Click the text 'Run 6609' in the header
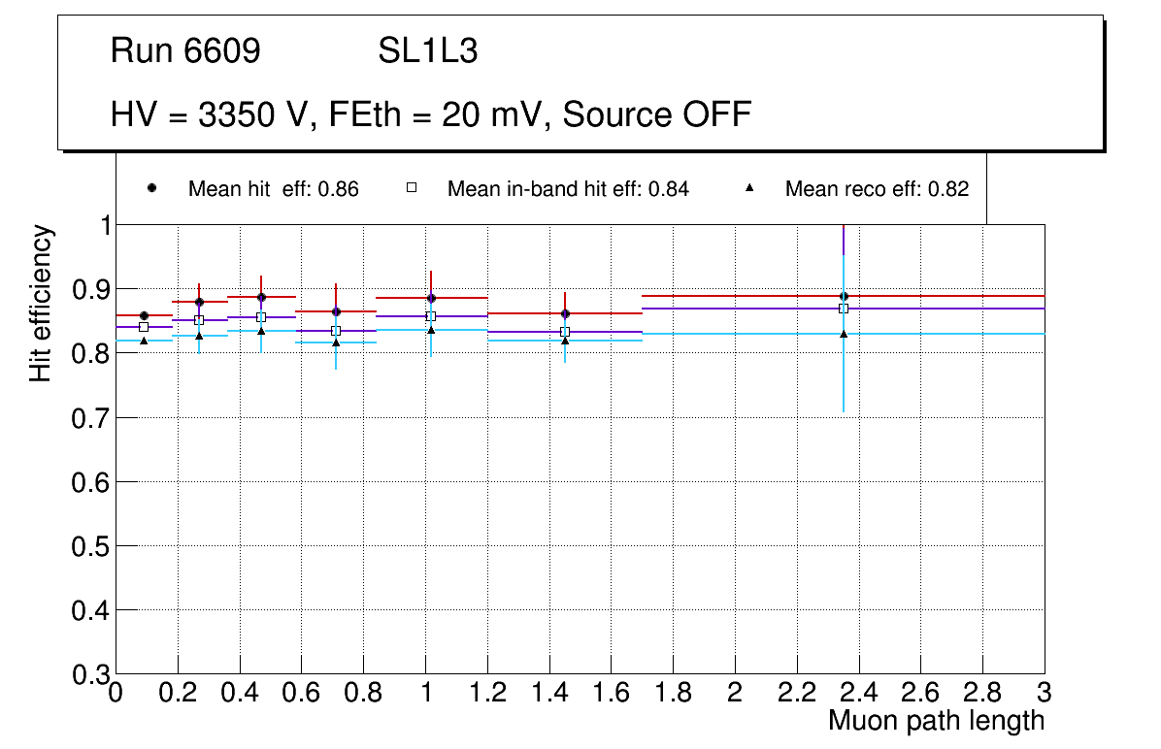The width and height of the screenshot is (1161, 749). point(185,51)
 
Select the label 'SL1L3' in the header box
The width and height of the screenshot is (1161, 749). point(427,51)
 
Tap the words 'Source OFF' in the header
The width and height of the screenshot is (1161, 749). point(657,114)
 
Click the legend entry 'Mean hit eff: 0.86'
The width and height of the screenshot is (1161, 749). point(273,189)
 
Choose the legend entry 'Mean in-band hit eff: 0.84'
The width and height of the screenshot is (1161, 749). point(568,189)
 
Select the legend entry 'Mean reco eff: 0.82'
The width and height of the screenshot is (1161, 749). point(877,189)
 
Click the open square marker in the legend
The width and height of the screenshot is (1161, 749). point(411,188)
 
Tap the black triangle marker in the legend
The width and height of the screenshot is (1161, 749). point(749,188)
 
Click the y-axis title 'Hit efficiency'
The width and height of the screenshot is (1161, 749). point(41,303)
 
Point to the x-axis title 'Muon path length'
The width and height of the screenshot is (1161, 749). point(936,721)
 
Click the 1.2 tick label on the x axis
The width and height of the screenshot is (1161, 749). point(487,693)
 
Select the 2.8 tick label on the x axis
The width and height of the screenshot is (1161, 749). point(982,693)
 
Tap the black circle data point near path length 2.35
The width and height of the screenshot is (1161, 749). point(844,296)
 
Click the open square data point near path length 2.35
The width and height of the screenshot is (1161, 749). point(844,309)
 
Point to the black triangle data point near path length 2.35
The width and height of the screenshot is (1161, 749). point(844,334)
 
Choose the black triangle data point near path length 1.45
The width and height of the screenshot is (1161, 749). point(565,340)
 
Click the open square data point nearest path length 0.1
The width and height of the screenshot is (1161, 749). point(144,327)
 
